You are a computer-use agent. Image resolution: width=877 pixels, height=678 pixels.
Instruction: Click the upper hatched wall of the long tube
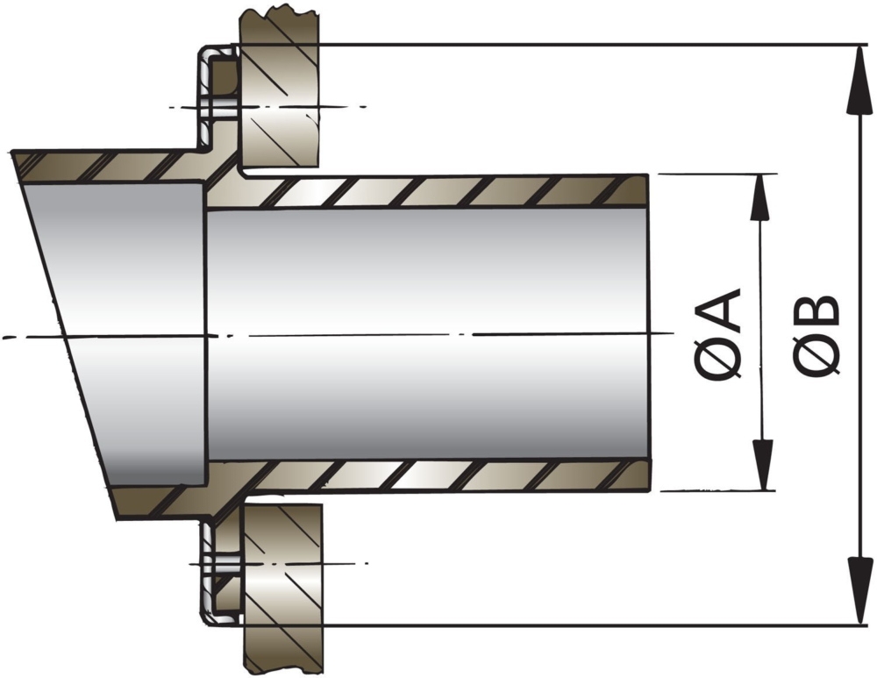(x=438, y=192)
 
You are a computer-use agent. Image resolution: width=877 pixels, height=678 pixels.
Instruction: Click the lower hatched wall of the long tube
(x=438, y=475)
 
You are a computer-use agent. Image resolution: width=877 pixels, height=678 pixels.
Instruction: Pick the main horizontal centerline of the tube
(x=438, y=334)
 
